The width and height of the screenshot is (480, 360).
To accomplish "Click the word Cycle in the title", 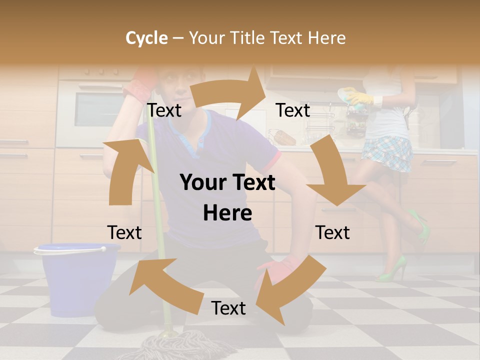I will pyautogui.click(x=146, y=38).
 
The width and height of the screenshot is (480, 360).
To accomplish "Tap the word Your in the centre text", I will pyautogui.click(x=203, y=182).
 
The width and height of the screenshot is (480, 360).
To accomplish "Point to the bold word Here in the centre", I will pyautogui.click(x=227, y=213).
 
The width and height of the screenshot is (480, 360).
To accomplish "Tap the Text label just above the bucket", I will pyautogui.click(x=124, y=232).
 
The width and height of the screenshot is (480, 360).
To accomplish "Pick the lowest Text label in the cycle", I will pyautogui.click(x=228, y=308).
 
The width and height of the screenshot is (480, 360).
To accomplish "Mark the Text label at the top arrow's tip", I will pyautogui.click(x=293, y=110).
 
